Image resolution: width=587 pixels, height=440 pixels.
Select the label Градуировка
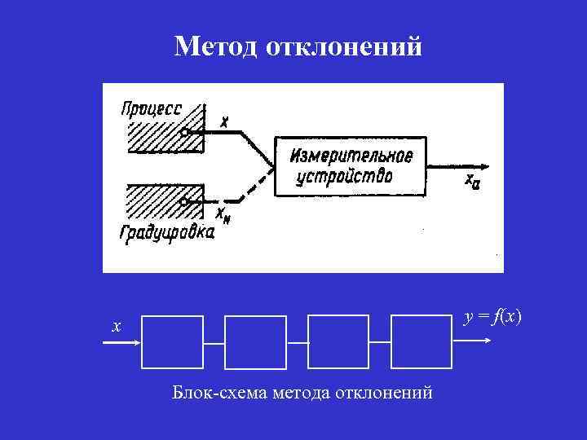pyautogui.click(x=167, y=233)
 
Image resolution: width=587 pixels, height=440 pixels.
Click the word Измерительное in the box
pyautogui.click(x=351, y=156)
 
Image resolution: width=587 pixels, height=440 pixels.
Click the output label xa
pyautogui.click(x=472, y=182)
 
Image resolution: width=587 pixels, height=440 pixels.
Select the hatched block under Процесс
pyautogui.click(x=163, y=136)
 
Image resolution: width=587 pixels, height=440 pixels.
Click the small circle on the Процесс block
pyautogui.click(x=186, y=132)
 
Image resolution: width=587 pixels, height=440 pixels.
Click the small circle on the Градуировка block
pyautogui.click(x=186, y=200)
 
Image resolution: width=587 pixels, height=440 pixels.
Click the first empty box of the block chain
pyautogui.click(x=172, y=342)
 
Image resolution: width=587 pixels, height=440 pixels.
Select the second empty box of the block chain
pyautogui.click(x=255, y=342)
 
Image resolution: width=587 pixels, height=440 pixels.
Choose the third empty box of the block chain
pyautogui.click(x=338, y=342)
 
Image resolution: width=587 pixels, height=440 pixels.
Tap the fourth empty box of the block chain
pyautogui.click(x=421, y=342)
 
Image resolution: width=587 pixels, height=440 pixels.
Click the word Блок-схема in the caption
pyautogui.click(x=209, y=393)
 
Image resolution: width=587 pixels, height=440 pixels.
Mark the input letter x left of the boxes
pyautogui.click(x=117, y=327)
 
